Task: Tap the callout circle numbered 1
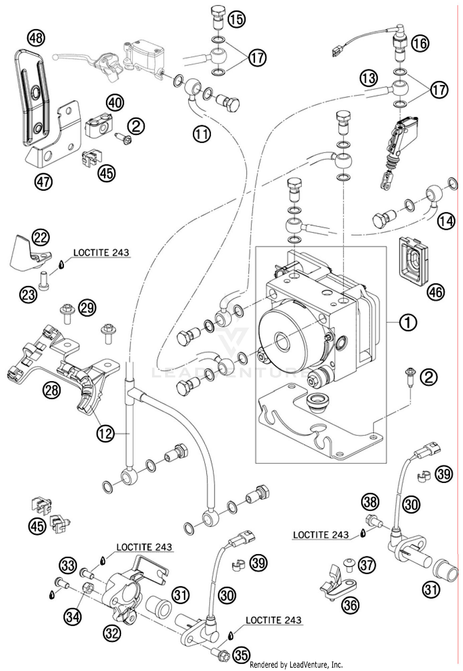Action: (x=408, y=323)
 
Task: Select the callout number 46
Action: (x=436, y=292)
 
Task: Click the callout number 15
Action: (x=237, y=19)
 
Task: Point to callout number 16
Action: (x=420, y=43)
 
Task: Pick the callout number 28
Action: (x=52, y=390)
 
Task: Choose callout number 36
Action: (x=351, y=605)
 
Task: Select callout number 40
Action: (x=115, y=102)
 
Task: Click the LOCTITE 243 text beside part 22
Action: (x=101, y=253)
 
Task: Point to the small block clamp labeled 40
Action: (x=98, y=126)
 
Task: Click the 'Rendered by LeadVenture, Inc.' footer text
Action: (x=296, y=664)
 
